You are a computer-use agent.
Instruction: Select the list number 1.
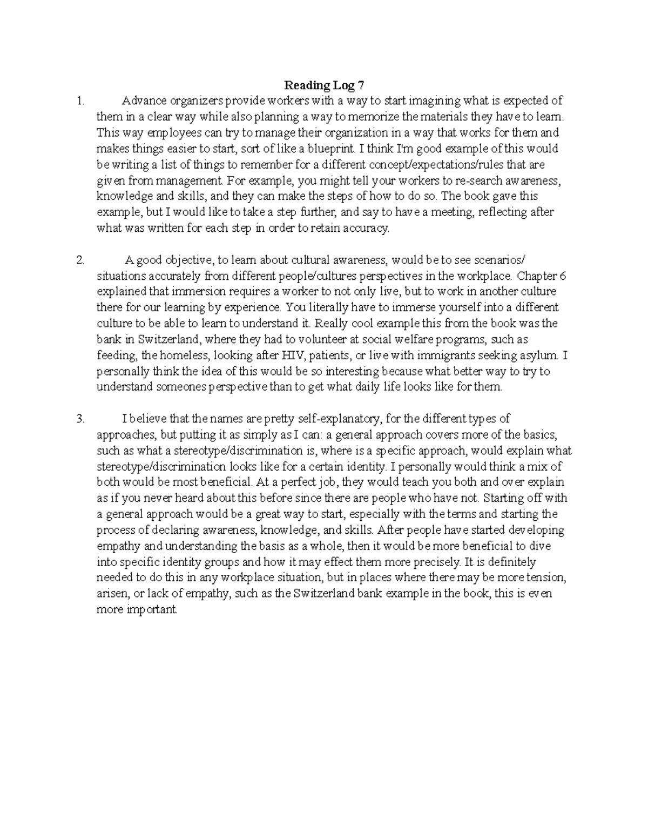click(80, 100)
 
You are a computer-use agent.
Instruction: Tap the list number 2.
click(80, 260)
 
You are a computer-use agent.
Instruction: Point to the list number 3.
click(80, 419)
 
